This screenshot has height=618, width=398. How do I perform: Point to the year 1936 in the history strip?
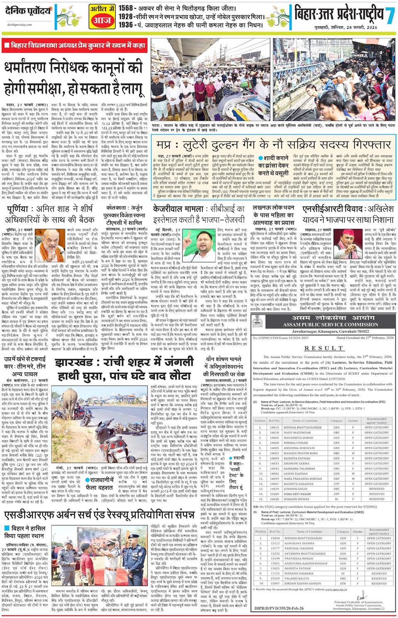coord(126,25)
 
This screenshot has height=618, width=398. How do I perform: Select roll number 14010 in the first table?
coord(274,427)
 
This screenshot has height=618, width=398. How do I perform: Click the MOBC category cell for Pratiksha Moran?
coord(343,558)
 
